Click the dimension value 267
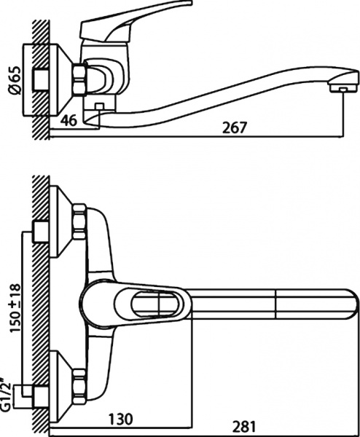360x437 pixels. (x=235, y=127)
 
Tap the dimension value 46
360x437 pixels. (x=70, y=119)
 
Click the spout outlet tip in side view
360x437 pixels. (x=337, y=87)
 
